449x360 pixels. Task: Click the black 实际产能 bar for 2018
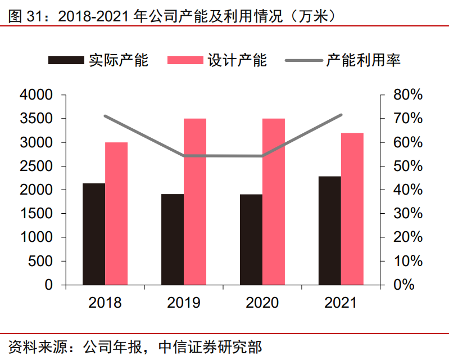click(x=94, y=234)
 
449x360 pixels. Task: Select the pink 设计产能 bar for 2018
click(x=116, y=214)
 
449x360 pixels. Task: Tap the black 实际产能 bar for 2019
click(x=173, y=240)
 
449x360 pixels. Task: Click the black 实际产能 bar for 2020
click(x=251, y=240)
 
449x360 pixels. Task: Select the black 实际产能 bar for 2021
click(x=330, y=231)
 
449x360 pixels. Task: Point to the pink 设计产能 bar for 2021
click(x=352, y=209)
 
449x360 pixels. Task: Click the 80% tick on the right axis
click(x=407, y=95)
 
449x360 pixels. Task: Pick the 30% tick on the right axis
click(x=407, y=214)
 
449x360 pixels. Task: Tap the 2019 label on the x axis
click(x=184, y=303)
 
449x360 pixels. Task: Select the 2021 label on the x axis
click(x=341, y=303)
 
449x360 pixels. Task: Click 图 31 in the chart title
click(x=22, y=16)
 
